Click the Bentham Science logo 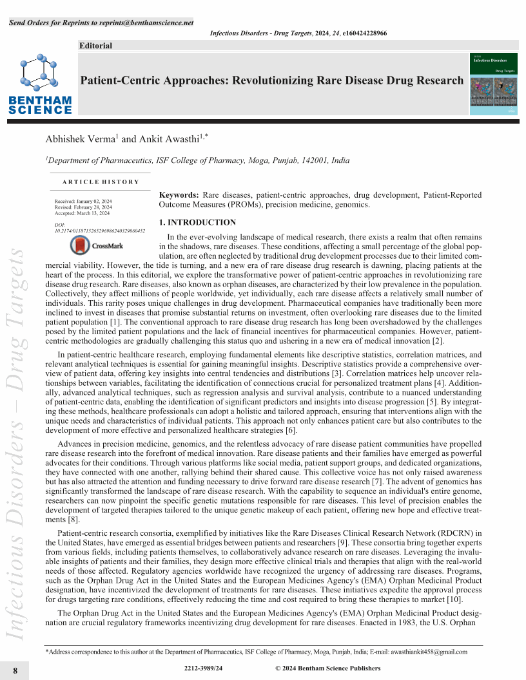40,84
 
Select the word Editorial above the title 95,46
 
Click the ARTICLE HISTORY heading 101,182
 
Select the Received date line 84,202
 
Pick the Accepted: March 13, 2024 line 83,213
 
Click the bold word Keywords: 179,195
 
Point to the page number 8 15,670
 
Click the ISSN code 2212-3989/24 203,668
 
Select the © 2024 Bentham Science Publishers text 327,668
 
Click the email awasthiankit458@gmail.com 424,652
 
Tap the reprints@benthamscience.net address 146,23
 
